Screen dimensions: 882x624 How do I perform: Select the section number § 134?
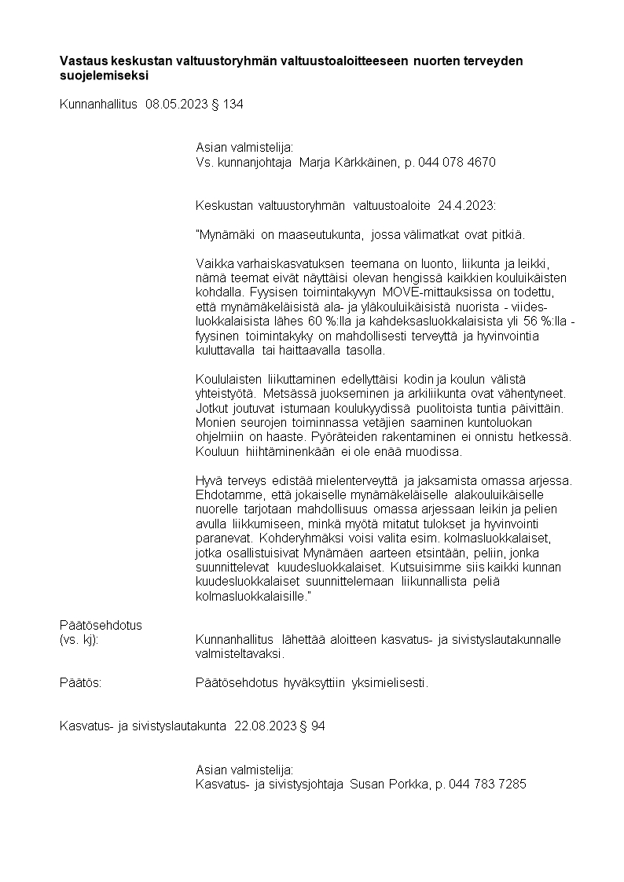click(228, 104)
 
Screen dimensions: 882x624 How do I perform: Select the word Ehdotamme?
click(226, 494)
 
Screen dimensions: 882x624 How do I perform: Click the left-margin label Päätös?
click(81, 682)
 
